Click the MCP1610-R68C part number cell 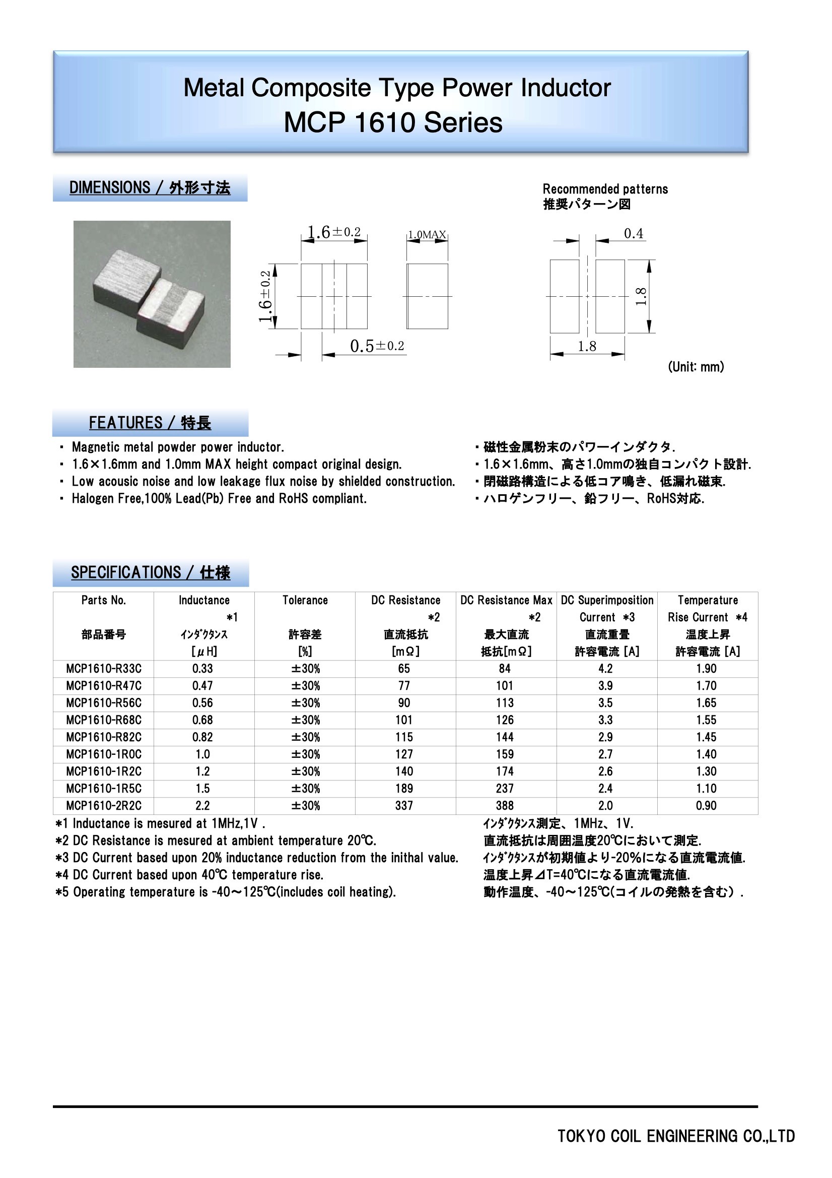(104, 720)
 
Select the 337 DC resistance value (404, 806)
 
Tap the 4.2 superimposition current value (605, 669)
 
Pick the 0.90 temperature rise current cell (706, 806)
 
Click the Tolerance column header (305, 600)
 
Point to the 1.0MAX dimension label (427, 234)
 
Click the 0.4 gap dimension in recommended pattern (634, 234)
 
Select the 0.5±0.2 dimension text (377, 346)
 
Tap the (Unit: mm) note (696, 367)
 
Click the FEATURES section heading (150, 423)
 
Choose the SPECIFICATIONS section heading (150, 572)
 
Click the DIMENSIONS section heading (150, 188)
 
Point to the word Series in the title (463, 123)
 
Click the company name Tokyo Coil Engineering (675, 1137)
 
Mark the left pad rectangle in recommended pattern (564, 296)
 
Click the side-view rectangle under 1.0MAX (427, 296)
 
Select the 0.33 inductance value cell (202, 669)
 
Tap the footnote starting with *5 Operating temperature (226, 892)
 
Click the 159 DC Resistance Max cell (505, 754)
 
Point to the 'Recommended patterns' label (605, 189)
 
